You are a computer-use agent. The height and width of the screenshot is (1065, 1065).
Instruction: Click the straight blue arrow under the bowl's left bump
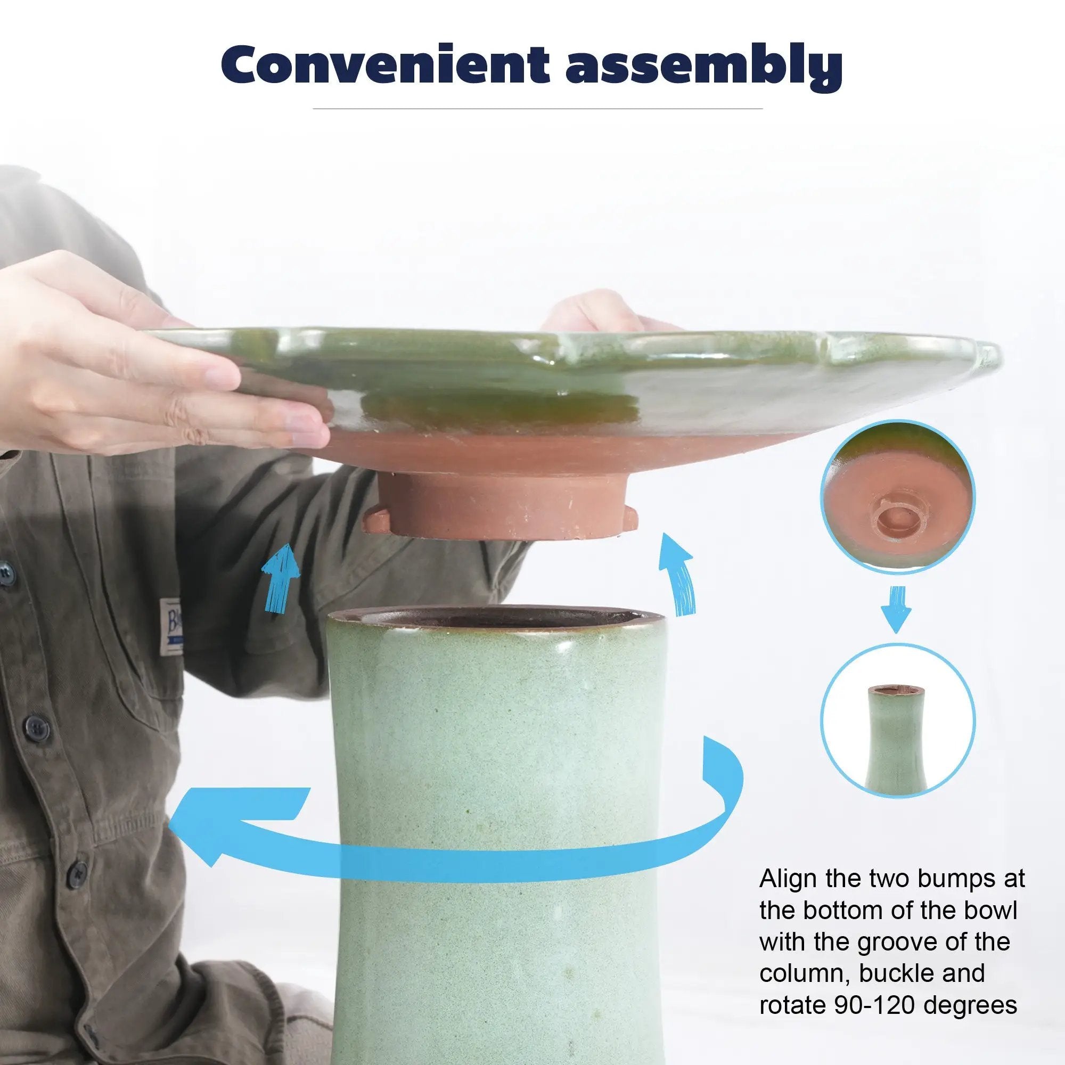point(281,577)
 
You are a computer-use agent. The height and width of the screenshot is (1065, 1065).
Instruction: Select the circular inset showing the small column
point(898,722)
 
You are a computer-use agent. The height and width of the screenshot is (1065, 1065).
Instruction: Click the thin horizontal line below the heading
point(537,109)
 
